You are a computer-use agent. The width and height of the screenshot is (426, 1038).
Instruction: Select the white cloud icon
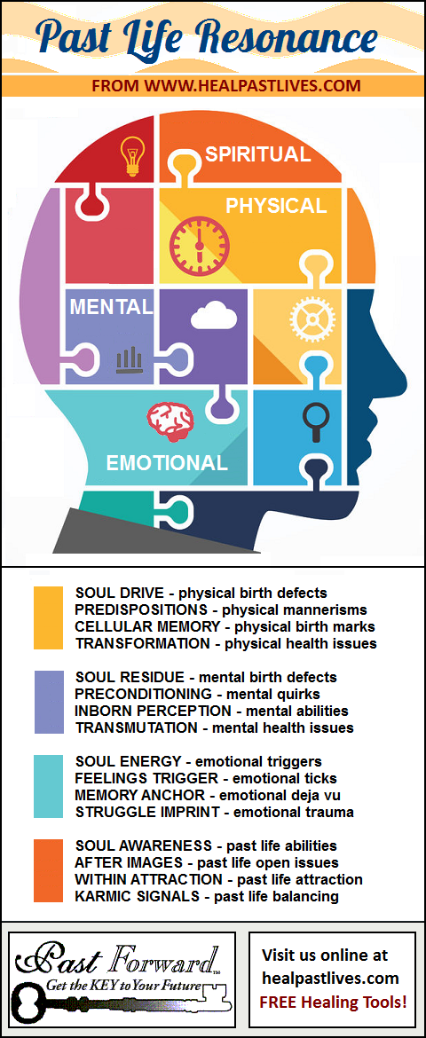pos(213,315)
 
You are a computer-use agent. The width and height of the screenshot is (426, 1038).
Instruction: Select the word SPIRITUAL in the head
pos(257,154)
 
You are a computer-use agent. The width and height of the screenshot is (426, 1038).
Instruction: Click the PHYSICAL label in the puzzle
pos(276,206)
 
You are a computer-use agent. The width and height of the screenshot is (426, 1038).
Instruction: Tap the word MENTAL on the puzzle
pos(111,307)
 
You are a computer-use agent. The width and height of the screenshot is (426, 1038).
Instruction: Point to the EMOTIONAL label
pos(167,463)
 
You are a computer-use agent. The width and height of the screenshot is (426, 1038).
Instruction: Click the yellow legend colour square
pos(48,617)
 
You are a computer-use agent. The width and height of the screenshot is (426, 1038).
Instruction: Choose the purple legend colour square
pos(49,703)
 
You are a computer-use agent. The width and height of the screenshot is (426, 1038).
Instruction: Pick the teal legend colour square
pos(48,786)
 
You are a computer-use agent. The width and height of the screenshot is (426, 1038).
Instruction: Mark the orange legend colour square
pos(48,871)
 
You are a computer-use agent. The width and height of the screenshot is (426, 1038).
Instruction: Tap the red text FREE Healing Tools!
pos(333,1003)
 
